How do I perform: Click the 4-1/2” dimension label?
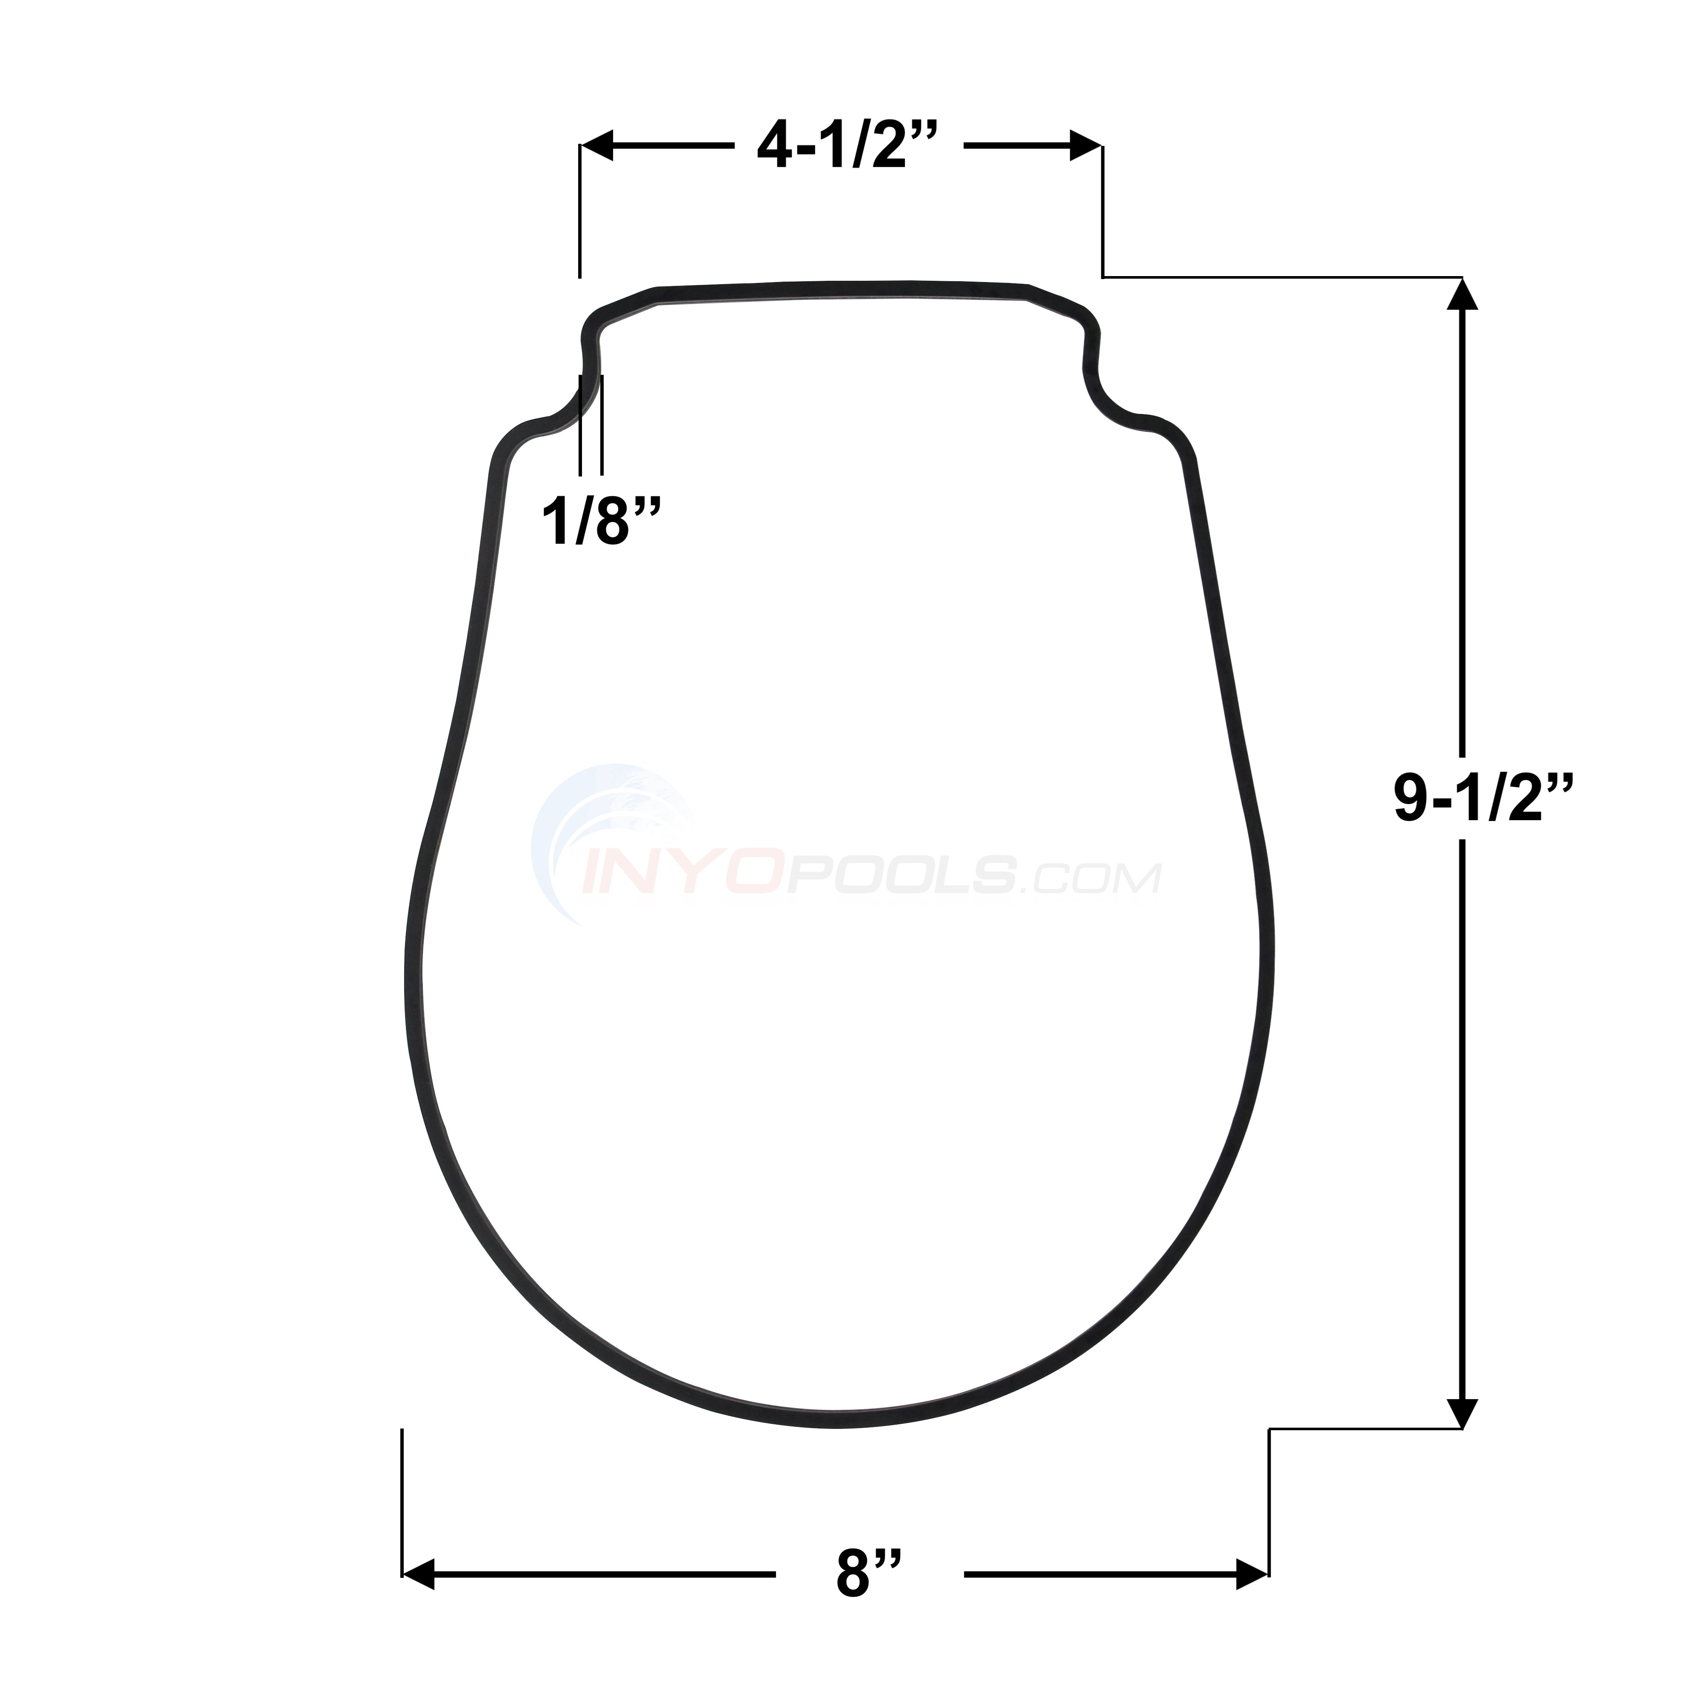coord(847,147)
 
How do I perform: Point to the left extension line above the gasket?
coord(579,210)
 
